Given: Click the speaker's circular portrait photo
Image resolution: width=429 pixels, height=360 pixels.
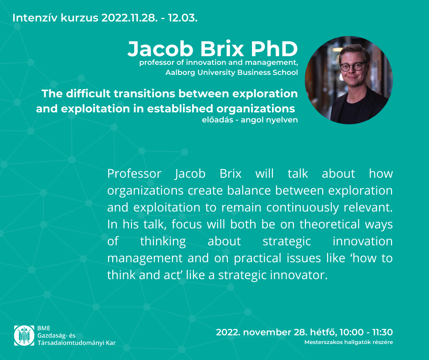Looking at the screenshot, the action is point(349,80).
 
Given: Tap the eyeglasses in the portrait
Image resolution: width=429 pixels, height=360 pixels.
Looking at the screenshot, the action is point(352,67).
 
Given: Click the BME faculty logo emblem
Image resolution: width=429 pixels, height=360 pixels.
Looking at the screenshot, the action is point(24,335).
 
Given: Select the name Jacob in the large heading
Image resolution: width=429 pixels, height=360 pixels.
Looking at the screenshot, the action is point(161,49).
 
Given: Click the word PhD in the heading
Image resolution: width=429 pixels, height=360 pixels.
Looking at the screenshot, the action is point(274,49).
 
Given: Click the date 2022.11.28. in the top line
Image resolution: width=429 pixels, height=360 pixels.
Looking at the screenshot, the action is point(130,18).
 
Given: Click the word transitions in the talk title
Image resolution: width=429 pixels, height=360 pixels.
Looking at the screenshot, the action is point(145,94).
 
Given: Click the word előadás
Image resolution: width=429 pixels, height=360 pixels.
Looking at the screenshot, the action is point(218,120).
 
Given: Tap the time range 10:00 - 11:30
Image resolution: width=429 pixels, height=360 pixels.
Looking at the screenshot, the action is point(366,332).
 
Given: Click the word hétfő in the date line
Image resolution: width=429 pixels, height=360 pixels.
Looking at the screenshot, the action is point(324,332).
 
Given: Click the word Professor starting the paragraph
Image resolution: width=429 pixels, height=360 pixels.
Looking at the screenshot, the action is point(134,174).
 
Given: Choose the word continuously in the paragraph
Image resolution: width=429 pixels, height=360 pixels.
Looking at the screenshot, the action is point(302,208).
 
